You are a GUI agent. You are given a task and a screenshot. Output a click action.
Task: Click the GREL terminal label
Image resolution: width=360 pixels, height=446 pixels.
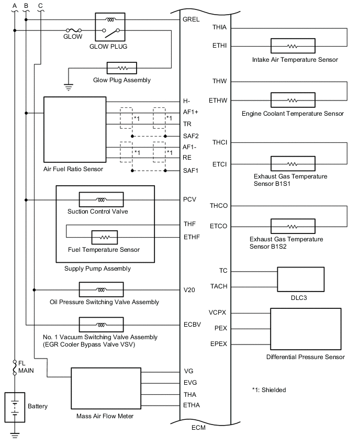tap(190, 20)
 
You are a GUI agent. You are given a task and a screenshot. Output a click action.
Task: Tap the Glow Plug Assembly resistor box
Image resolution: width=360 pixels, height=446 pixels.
tap(121, 68)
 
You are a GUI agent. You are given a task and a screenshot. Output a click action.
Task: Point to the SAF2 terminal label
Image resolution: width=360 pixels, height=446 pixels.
tap(190, 136)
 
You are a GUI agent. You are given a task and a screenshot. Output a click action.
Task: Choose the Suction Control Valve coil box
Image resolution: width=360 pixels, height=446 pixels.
tap(101, 199)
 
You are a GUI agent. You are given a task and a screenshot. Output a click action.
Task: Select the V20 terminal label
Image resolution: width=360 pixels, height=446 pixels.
tap(189, 289)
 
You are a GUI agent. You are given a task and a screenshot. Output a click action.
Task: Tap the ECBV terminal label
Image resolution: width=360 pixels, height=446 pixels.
tap(191, 325)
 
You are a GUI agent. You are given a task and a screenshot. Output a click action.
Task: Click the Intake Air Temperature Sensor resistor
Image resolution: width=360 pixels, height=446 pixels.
tap(292, 46)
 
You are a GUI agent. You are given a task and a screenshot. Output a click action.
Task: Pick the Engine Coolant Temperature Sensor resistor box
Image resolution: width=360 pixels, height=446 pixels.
tap(292, 100)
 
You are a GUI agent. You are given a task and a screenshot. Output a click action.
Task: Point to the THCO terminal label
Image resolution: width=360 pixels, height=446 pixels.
tap(218, 206)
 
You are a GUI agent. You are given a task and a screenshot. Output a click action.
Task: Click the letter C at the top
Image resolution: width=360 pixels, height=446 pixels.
tap(40, 5)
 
